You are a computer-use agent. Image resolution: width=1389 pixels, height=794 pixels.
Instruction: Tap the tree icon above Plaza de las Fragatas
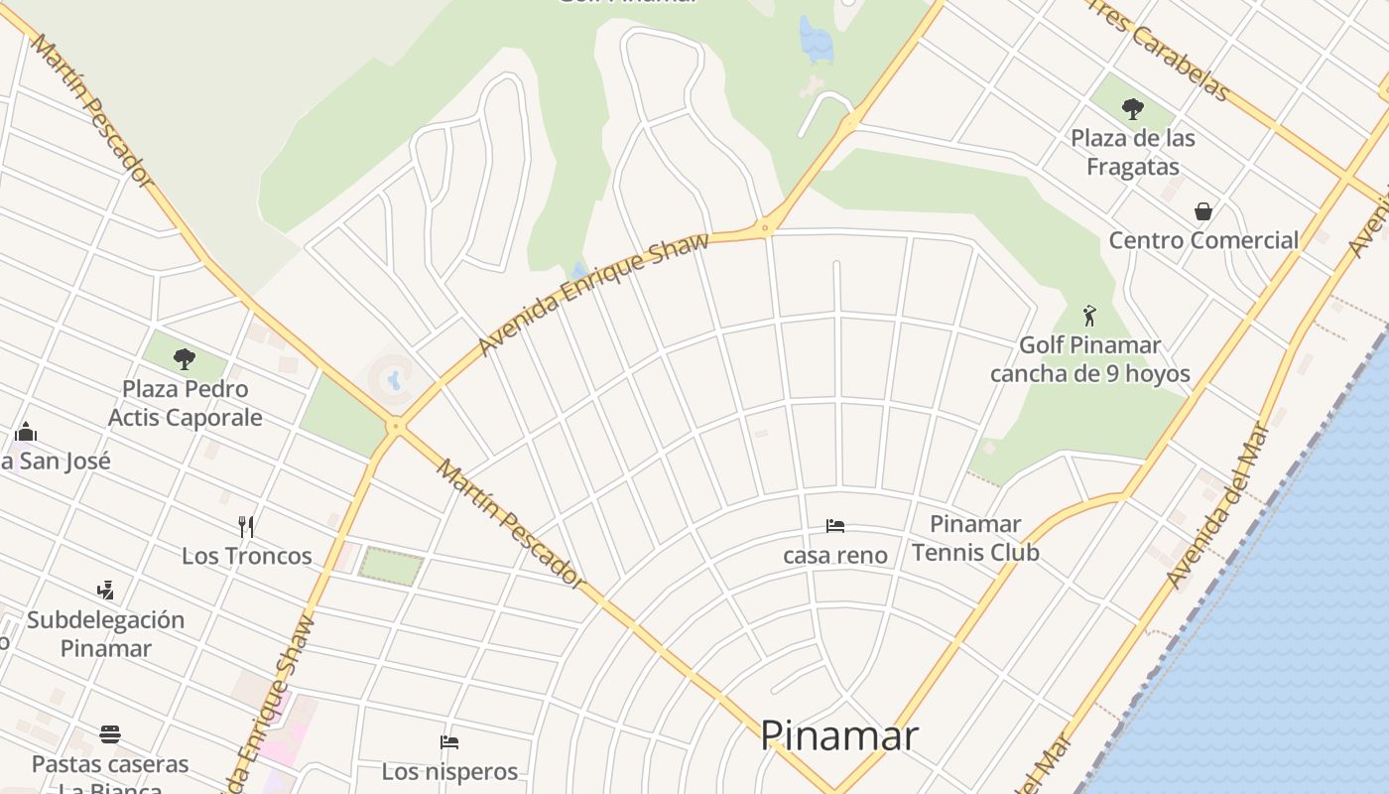[x=1133, y=109]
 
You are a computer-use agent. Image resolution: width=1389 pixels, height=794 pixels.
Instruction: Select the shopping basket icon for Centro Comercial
[x=1203, y=211]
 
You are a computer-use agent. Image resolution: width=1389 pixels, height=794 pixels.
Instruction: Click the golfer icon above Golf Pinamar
[x=1090, y=316]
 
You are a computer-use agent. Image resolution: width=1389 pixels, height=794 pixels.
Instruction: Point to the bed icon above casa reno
[x=835, y=525]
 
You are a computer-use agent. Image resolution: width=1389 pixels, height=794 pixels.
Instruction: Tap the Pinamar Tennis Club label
[x=975, y=538]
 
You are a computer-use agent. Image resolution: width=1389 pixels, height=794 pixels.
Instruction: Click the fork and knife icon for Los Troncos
[x=246, y=526]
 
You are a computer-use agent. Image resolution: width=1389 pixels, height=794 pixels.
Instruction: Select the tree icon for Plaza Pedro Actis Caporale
[x=184, y=358]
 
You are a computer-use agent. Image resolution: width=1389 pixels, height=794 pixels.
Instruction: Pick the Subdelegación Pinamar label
[x=105, y=634]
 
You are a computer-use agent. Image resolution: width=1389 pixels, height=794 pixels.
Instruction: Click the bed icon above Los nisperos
[x=449, y=741]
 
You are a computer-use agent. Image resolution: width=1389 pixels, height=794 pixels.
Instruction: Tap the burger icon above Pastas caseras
[x=110, y=734]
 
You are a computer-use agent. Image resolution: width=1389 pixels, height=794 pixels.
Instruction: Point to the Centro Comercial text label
[x=1203, y=240]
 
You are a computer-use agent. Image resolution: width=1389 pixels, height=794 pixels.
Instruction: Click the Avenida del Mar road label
[x=1217, y=506]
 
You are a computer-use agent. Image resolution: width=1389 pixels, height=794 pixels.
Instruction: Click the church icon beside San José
[x=26, y=432]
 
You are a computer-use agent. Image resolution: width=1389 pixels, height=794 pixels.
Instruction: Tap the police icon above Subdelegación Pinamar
[x=105, y=591]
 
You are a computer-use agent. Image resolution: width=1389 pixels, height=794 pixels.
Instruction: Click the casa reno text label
[x=835, y=556]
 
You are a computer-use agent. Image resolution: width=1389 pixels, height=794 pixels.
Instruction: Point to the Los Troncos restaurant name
[x=246, y=556]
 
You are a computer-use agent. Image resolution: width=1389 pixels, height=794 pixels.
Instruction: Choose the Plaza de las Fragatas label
[x=1133, y=152]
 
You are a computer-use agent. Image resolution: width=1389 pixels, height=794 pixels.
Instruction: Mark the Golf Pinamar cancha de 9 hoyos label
[x=1090, y=359]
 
